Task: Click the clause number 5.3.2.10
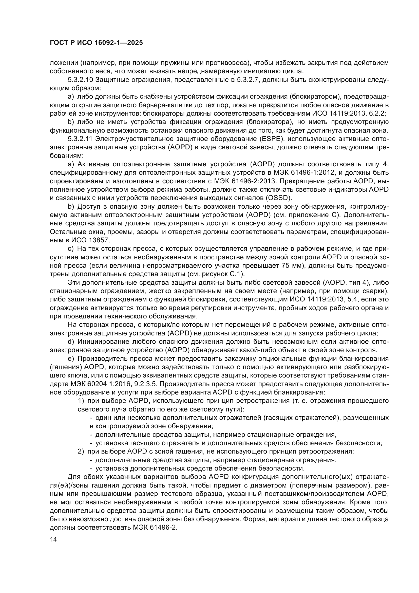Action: pyautogui.click(x=80, y=80)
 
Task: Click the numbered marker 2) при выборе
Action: pyautogui.click(x=81, y=452)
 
